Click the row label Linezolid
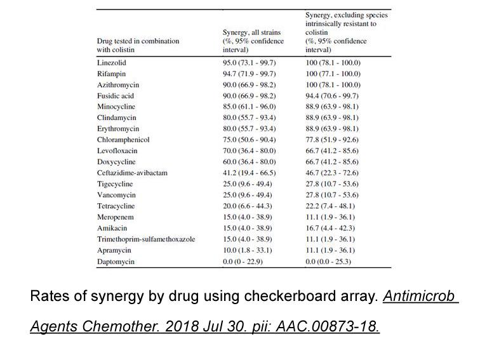[x=112, y=63]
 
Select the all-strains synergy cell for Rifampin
[x=249, y=74]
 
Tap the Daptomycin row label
[x=116, y=262]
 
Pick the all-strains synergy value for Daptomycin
[x=243, y=262]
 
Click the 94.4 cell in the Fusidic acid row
[x=332, y=96]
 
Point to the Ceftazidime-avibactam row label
[x=132, y=173]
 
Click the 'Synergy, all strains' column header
[x=253, y=41]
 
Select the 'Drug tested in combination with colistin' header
[x=138, y=45]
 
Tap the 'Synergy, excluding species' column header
[x=347, y=32]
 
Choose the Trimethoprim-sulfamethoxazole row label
[x=146, y=239]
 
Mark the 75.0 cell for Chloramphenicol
[x=249, y=140]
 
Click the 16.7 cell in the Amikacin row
[x=330, y=228]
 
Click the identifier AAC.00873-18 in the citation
[x=328, y=326]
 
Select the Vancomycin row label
[x=116, y=195]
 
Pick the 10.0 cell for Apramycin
[x=248, y=250]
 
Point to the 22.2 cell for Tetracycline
[x=330, y=206]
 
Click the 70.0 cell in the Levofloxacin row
[x=249, y=151]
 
